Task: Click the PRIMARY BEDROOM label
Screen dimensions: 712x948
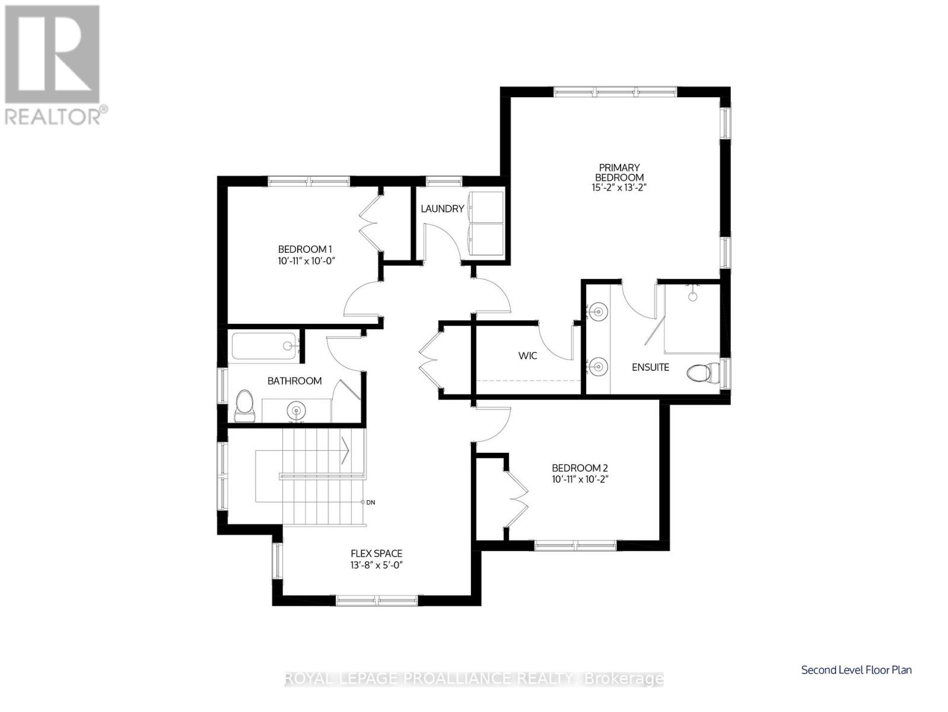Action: pyautogui.click(x=619, y=173)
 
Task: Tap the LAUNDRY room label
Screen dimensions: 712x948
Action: pyautogui.click(x=442, y=209)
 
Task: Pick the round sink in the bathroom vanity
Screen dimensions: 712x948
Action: pyautogui.click(x=297, y=409)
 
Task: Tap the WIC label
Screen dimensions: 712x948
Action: pyautogui.click(x=527, y=355)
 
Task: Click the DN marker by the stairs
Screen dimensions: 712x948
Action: pyautogui.click(x=370, y=502)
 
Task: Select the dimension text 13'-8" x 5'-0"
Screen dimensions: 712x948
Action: pyautogui.click(x=376, y=565)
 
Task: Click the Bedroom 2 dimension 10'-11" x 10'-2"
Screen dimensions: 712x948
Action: pyautogui.click(x=580, y=478)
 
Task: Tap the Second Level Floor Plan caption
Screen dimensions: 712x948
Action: pyautogui.click(x=856, y=670)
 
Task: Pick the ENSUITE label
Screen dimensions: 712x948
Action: pyautogui.click(x=650, y=367)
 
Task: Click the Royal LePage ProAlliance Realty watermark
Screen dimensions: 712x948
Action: pyautogui.click(x=474, y=678)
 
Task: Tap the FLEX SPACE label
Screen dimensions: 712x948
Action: pyautogui.click(x=376, y=554)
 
